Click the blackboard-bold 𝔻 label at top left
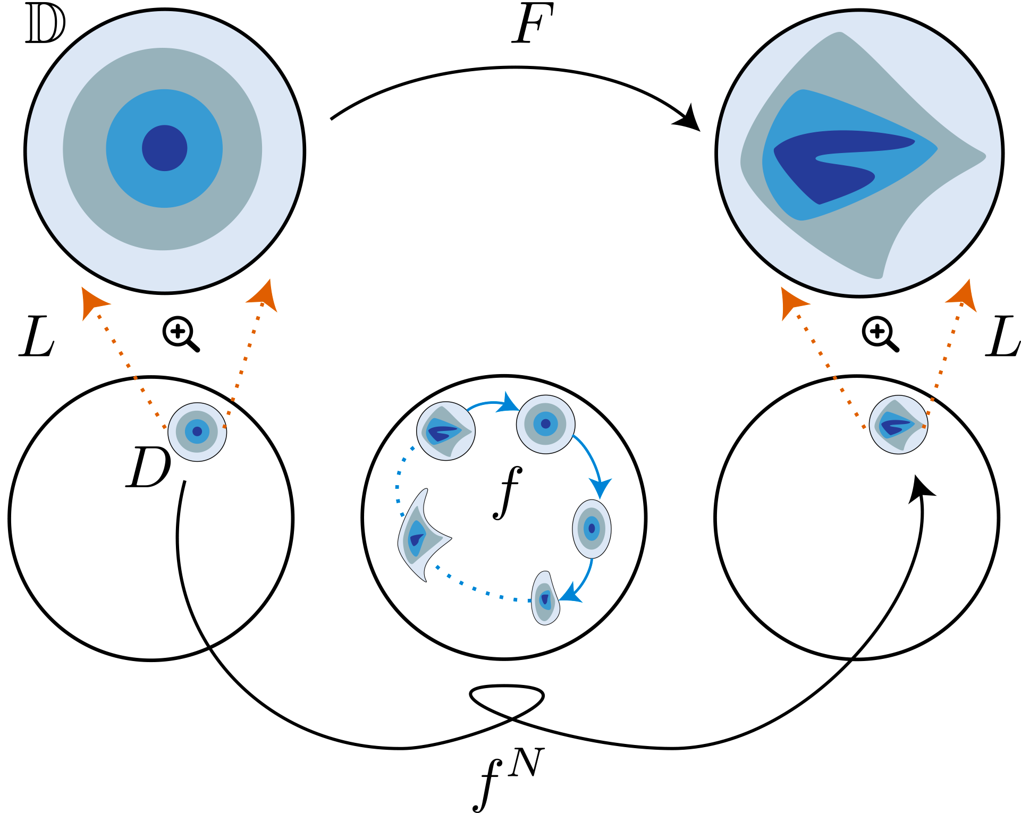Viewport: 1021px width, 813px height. (45, 26)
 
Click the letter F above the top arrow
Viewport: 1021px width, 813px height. (533, 24)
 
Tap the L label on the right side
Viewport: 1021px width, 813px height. (1002, 337)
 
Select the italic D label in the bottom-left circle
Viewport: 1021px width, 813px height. (148, 468)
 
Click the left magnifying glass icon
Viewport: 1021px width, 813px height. (180, 334)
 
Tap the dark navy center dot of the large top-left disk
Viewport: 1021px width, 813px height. (165, 148)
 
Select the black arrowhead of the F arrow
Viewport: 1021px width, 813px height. (688, 120)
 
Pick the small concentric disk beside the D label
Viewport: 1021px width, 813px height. (197, 431)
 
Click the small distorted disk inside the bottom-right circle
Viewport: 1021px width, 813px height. (898, 425)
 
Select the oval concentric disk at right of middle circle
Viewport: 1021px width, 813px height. (592, 529)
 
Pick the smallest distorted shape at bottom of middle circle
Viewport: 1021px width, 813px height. (545, 599)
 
